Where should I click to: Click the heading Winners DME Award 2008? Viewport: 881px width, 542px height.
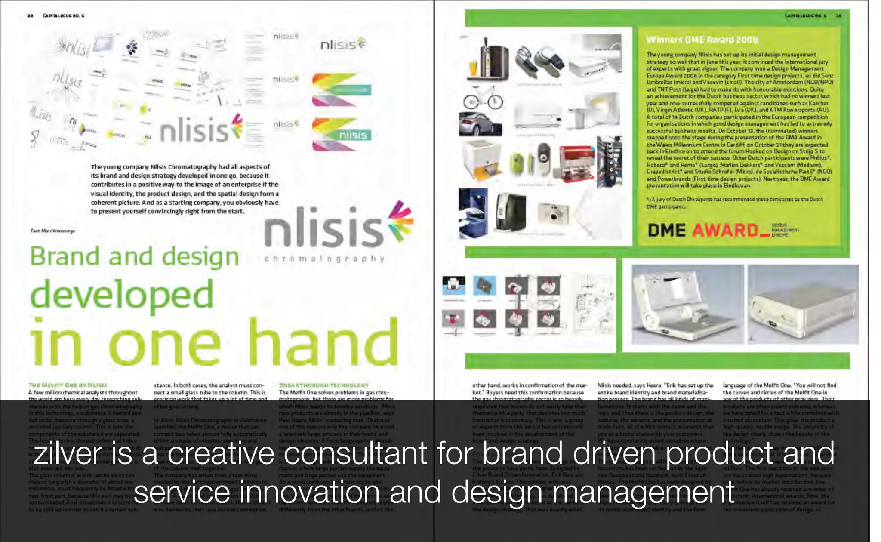click(x=702, y=40)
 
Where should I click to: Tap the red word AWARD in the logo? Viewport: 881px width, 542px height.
click(x=725, y=231)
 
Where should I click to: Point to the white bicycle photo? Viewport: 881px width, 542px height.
click(x=483, y=98)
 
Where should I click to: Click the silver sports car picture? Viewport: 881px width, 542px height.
click(x=480, y=124)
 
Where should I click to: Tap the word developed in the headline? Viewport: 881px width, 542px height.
click(x=122, y=295)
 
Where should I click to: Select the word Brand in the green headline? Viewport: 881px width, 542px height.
click(x=65, y=257)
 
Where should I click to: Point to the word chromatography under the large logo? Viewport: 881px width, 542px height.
click(x=324, y=259)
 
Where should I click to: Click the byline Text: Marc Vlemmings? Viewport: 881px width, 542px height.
click(x=52, y=231)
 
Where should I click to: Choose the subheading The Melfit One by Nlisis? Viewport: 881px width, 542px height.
click(x=68, y=385)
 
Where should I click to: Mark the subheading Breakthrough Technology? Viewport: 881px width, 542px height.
click(x=323, y=385)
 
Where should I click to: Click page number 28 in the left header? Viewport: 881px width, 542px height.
click(x=30, y=16)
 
